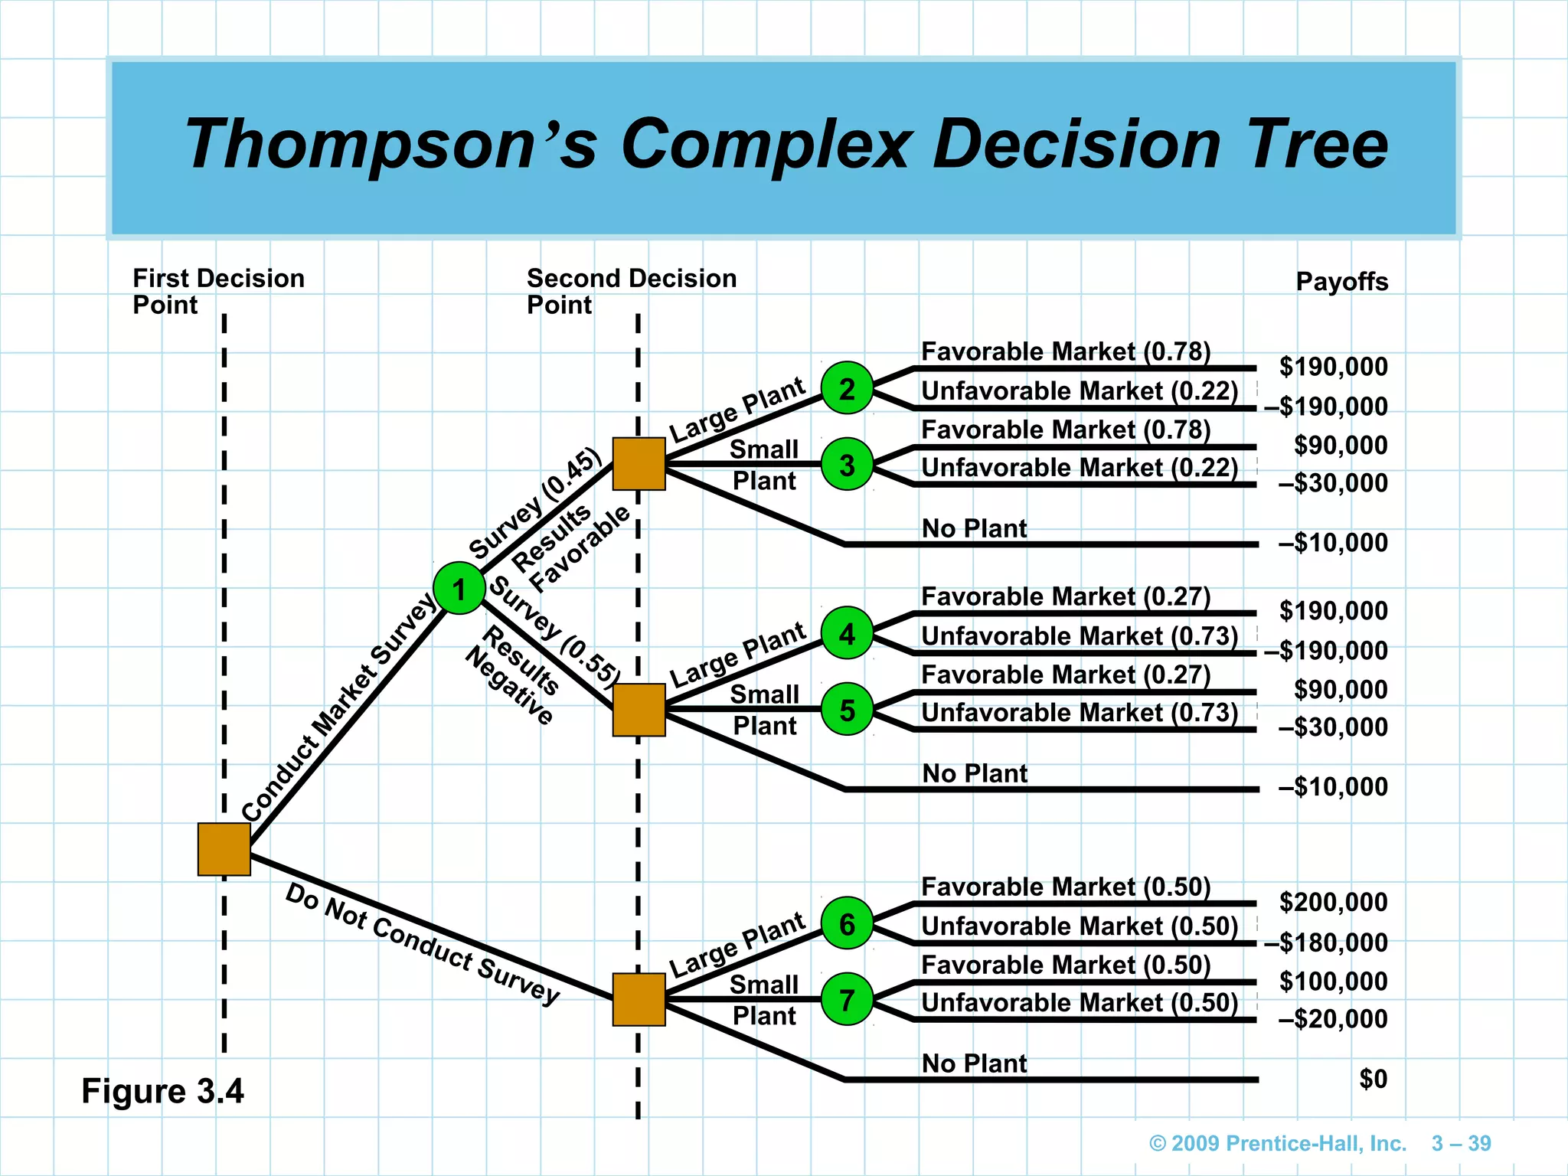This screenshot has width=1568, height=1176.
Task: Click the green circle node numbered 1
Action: click(x=459, y=588)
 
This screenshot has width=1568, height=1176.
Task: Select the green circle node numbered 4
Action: click(x=847, y=633)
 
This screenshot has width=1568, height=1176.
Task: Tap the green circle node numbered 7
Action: click(x=847, y=1000)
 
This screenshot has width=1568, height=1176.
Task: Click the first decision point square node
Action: click(x=224, y=849)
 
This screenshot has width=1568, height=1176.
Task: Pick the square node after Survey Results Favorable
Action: click(x=639, y=464)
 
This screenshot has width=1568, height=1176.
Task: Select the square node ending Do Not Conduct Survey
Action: click(x=639, y=1000)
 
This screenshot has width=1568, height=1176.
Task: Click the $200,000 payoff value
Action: click(x=1333, y=902)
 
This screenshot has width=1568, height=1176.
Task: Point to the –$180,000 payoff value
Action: click(x=1325, y=942)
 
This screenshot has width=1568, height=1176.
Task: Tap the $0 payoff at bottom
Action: click(x=1373, y=1079)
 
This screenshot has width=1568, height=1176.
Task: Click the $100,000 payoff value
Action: click(x=1333, y=981)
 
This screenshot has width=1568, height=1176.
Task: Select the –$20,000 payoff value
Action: click(x=1332, y=1019)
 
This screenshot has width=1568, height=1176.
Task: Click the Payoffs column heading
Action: click(x=1341, y=282)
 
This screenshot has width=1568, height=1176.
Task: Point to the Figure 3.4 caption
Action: click(x=162, y=1091)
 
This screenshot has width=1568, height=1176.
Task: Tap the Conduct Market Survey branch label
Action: click(x=337, y=708)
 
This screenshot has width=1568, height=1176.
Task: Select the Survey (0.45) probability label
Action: click(x=535, y=503)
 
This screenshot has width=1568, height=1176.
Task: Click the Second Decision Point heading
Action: click(x=631, y=291)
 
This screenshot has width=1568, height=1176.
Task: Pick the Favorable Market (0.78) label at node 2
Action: click(x=1065, y=351)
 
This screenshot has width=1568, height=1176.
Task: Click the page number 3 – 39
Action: click(x=1461, y=1143)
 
